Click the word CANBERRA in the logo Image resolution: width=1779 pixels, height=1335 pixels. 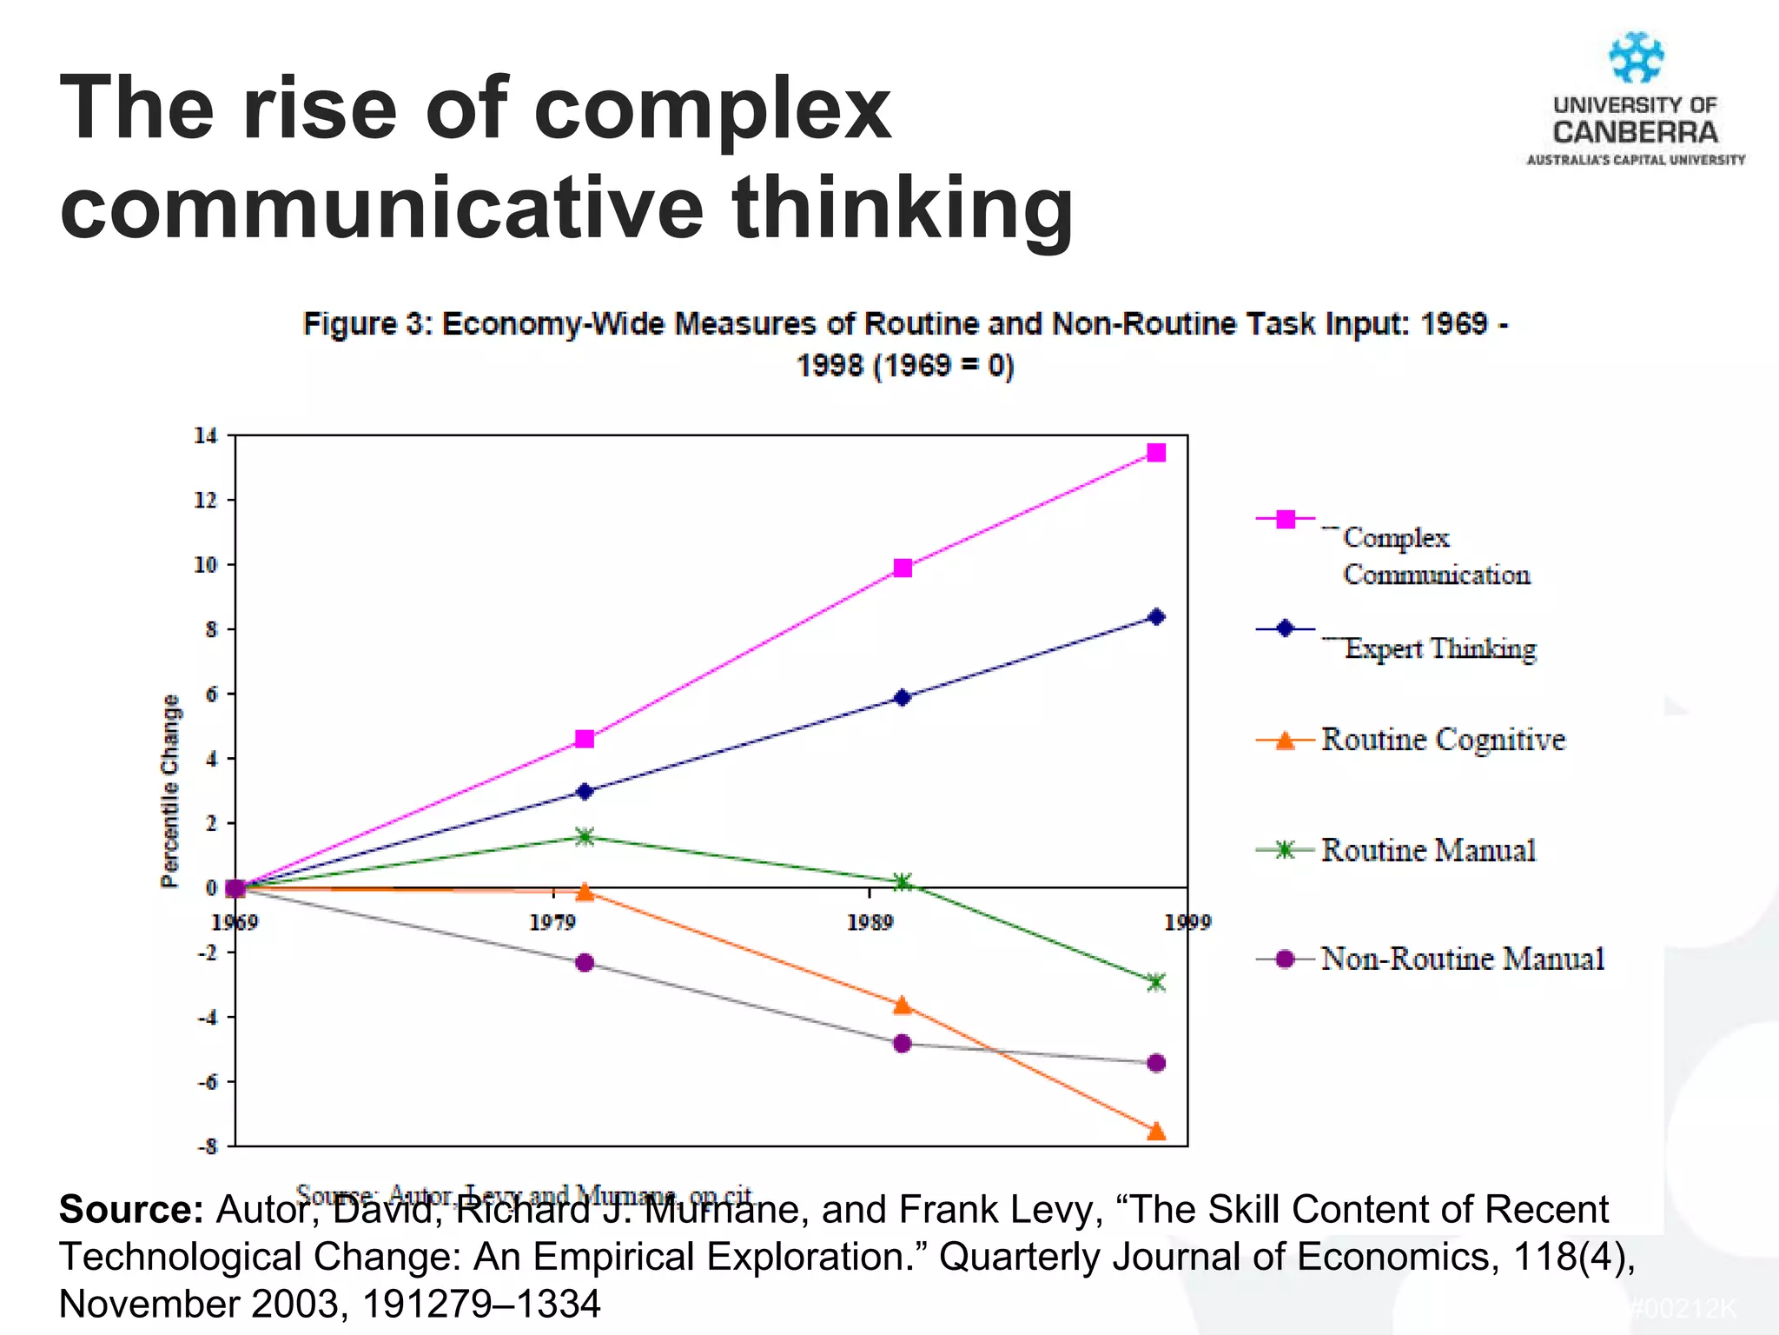1636,133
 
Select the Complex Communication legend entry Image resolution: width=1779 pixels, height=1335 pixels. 1435,555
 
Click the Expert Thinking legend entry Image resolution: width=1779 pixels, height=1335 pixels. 1439,648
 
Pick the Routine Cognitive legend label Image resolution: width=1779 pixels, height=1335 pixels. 1443,740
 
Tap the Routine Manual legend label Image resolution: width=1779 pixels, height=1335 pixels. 1428,850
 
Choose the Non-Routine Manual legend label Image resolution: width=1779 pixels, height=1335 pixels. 1462,959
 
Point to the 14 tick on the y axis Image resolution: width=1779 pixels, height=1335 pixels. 206,435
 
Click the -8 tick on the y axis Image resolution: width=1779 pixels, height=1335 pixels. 207,1146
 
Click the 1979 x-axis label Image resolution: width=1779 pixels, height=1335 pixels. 552,922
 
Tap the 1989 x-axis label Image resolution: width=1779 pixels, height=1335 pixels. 870,922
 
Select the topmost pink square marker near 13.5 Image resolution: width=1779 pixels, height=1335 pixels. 1156,452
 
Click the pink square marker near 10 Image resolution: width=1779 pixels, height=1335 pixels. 903,568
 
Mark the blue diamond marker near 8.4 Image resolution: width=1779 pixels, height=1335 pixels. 1156,617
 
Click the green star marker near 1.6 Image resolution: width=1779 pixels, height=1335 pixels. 585,837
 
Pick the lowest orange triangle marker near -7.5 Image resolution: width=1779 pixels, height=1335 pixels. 1156,1132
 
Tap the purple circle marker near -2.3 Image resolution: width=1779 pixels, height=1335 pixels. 585,963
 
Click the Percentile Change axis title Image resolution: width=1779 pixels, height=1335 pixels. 170,791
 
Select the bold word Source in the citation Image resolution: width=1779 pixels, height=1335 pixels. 130,1209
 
